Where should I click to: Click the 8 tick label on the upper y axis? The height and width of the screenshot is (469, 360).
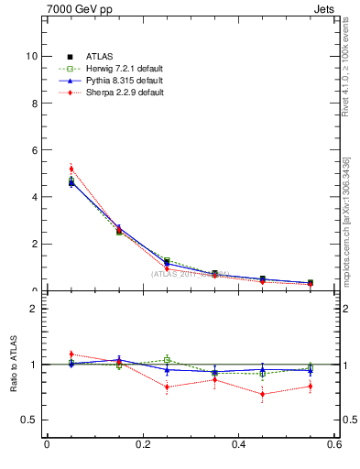33,103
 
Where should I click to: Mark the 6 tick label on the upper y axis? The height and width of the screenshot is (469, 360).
33,150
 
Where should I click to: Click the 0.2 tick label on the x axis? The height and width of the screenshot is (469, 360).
142,445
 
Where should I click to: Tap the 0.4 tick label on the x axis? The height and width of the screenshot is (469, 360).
238,445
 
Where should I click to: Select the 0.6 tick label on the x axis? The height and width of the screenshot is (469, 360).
334,445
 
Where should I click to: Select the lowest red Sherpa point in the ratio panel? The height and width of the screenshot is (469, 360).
263,395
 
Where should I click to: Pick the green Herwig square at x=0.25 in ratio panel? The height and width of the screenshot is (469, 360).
167,359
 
